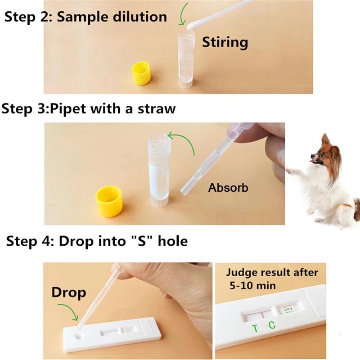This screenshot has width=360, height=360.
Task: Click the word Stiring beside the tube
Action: [225, 43]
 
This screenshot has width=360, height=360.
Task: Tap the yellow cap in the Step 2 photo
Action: [141, 73]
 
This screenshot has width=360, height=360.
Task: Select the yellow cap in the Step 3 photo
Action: [109, 201]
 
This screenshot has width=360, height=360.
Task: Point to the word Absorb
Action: [228, 188]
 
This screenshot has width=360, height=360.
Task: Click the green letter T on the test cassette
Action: [255, 328]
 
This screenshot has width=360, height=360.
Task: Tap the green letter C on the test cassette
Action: [272, 325]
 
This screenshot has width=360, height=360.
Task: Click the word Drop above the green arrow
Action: [69, 292]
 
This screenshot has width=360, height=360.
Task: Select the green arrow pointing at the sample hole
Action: [69, 310]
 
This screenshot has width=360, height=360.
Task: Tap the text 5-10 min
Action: [252, 286]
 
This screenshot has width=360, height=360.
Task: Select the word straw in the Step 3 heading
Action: [157, 108]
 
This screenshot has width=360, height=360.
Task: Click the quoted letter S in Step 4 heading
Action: [142, 241]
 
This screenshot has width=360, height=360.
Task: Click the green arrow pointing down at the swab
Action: [183, 14]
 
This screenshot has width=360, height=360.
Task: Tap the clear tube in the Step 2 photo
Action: [186, 59]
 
